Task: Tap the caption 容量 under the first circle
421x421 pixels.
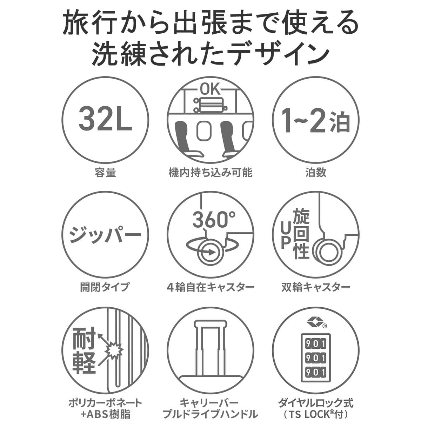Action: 105,173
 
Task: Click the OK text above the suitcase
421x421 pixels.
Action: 210,89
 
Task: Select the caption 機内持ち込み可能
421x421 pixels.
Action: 210,173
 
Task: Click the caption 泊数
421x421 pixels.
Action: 316,173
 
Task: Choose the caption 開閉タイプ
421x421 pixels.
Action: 105,287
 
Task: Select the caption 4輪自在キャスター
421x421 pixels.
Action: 210,287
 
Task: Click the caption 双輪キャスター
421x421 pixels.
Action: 316,287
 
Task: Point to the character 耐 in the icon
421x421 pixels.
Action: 84,337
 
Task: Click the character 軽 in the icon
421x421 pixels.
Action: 84,361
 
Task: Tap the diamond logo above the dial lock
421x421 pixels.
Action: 312,321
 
